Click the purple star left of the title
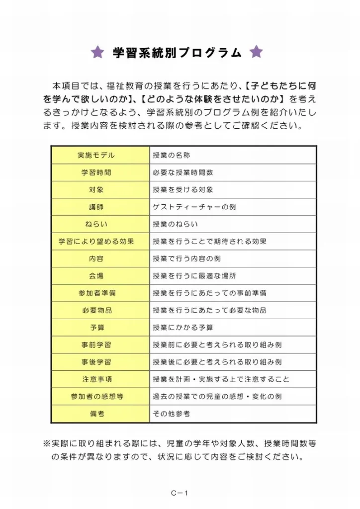pyautogui.click(x=97, y=52)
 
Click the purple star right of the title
pyautogui.click(x=256, y=52)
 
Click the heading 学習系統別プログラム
pyautogui.click(x=177, y=53)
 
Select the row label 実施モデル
pyautogui.click(x=96, y=156)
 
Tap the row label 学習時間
pyautogui.click(x=96, y=172)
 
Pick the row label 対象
pyautogui.click(x=96, y=190)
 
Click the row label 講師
pyautogui.click(x=96, y=207)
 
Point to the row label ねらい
pyautogui.click(x=96, y=224)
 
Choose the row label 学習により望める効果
pyautogui.click(x=96, y=242)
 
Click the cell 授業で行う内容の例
pyautogui.click(x=186, y=259)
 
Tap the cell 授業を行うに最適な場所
pyautogui.click(x=194, y=276)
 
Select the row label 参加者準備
pyautogui.click(x=96, y=293)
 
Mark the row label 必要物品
pyautogui.click(x=96, y=310)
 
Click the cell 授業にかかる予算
pyautogui.click(x=183, y=328)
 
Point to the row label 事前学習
pyautogui.click(x=96, y=345)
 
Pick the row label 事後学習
pyautogui.click(x=96, y=362)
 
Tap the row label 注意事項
pyautogui.click(x=96, y=379)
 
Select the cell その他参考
pyautogui.click(x=172, y=414)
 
